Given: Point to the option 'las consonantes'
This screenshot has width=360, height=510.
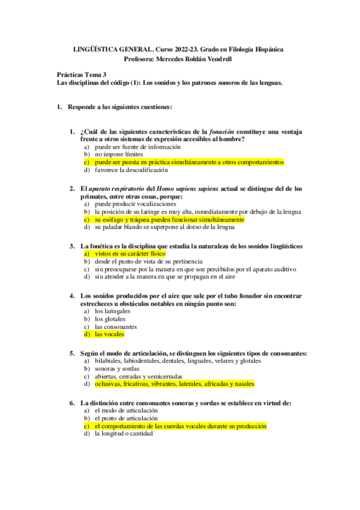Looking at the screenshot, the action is (x=117, y=326).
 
